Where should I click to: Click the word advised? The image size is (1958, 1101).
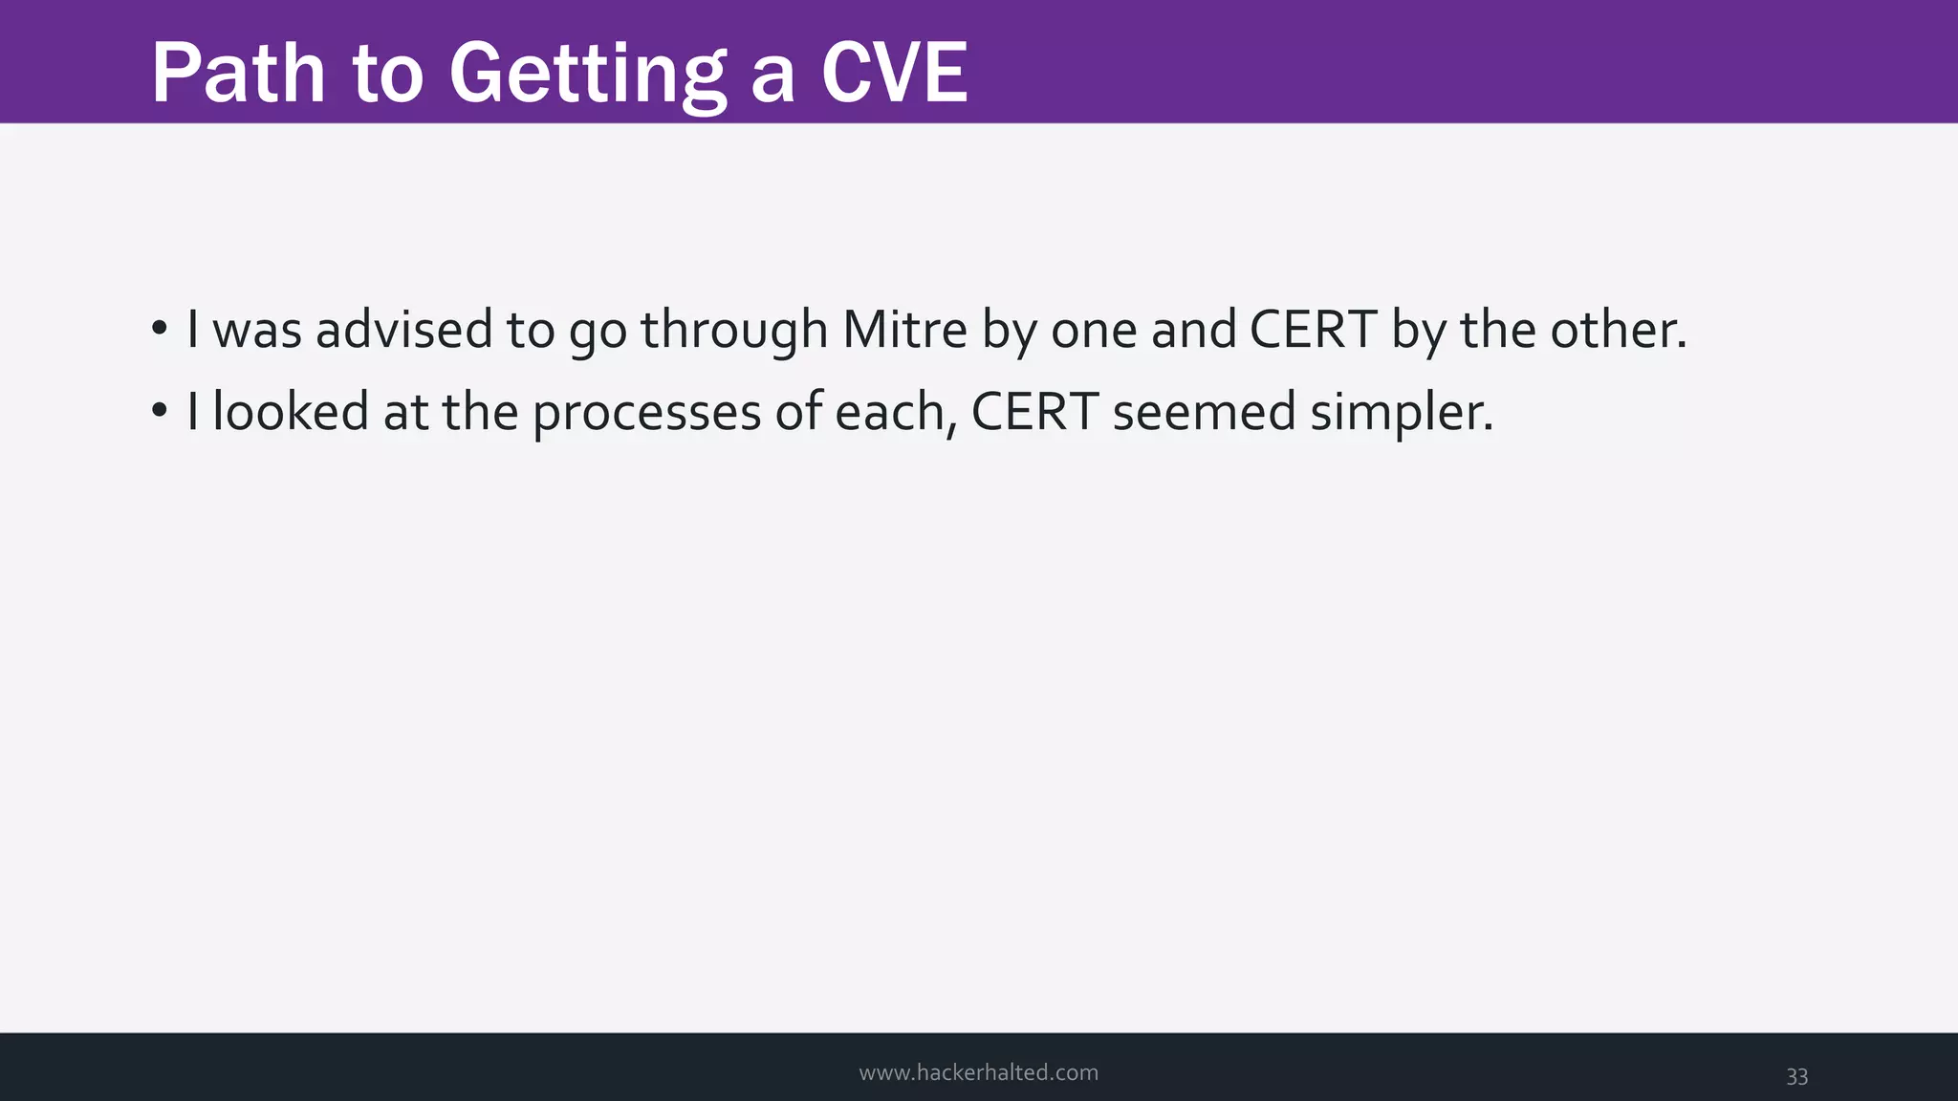403,330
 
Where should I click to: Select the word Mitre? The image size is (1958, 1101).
904,330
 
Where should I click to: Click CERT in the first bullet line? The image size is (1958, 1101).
1313,330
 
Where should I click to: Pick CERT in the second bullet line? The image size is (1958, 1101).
1034,412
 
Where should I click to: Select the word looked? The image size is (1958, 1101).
291,412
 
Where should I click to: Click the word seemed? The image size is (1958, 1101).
1204,412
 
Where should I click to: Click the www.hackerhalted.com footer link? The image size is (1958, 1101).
978,1072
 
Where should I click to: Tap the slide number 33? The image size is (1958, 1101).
1796,1076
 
